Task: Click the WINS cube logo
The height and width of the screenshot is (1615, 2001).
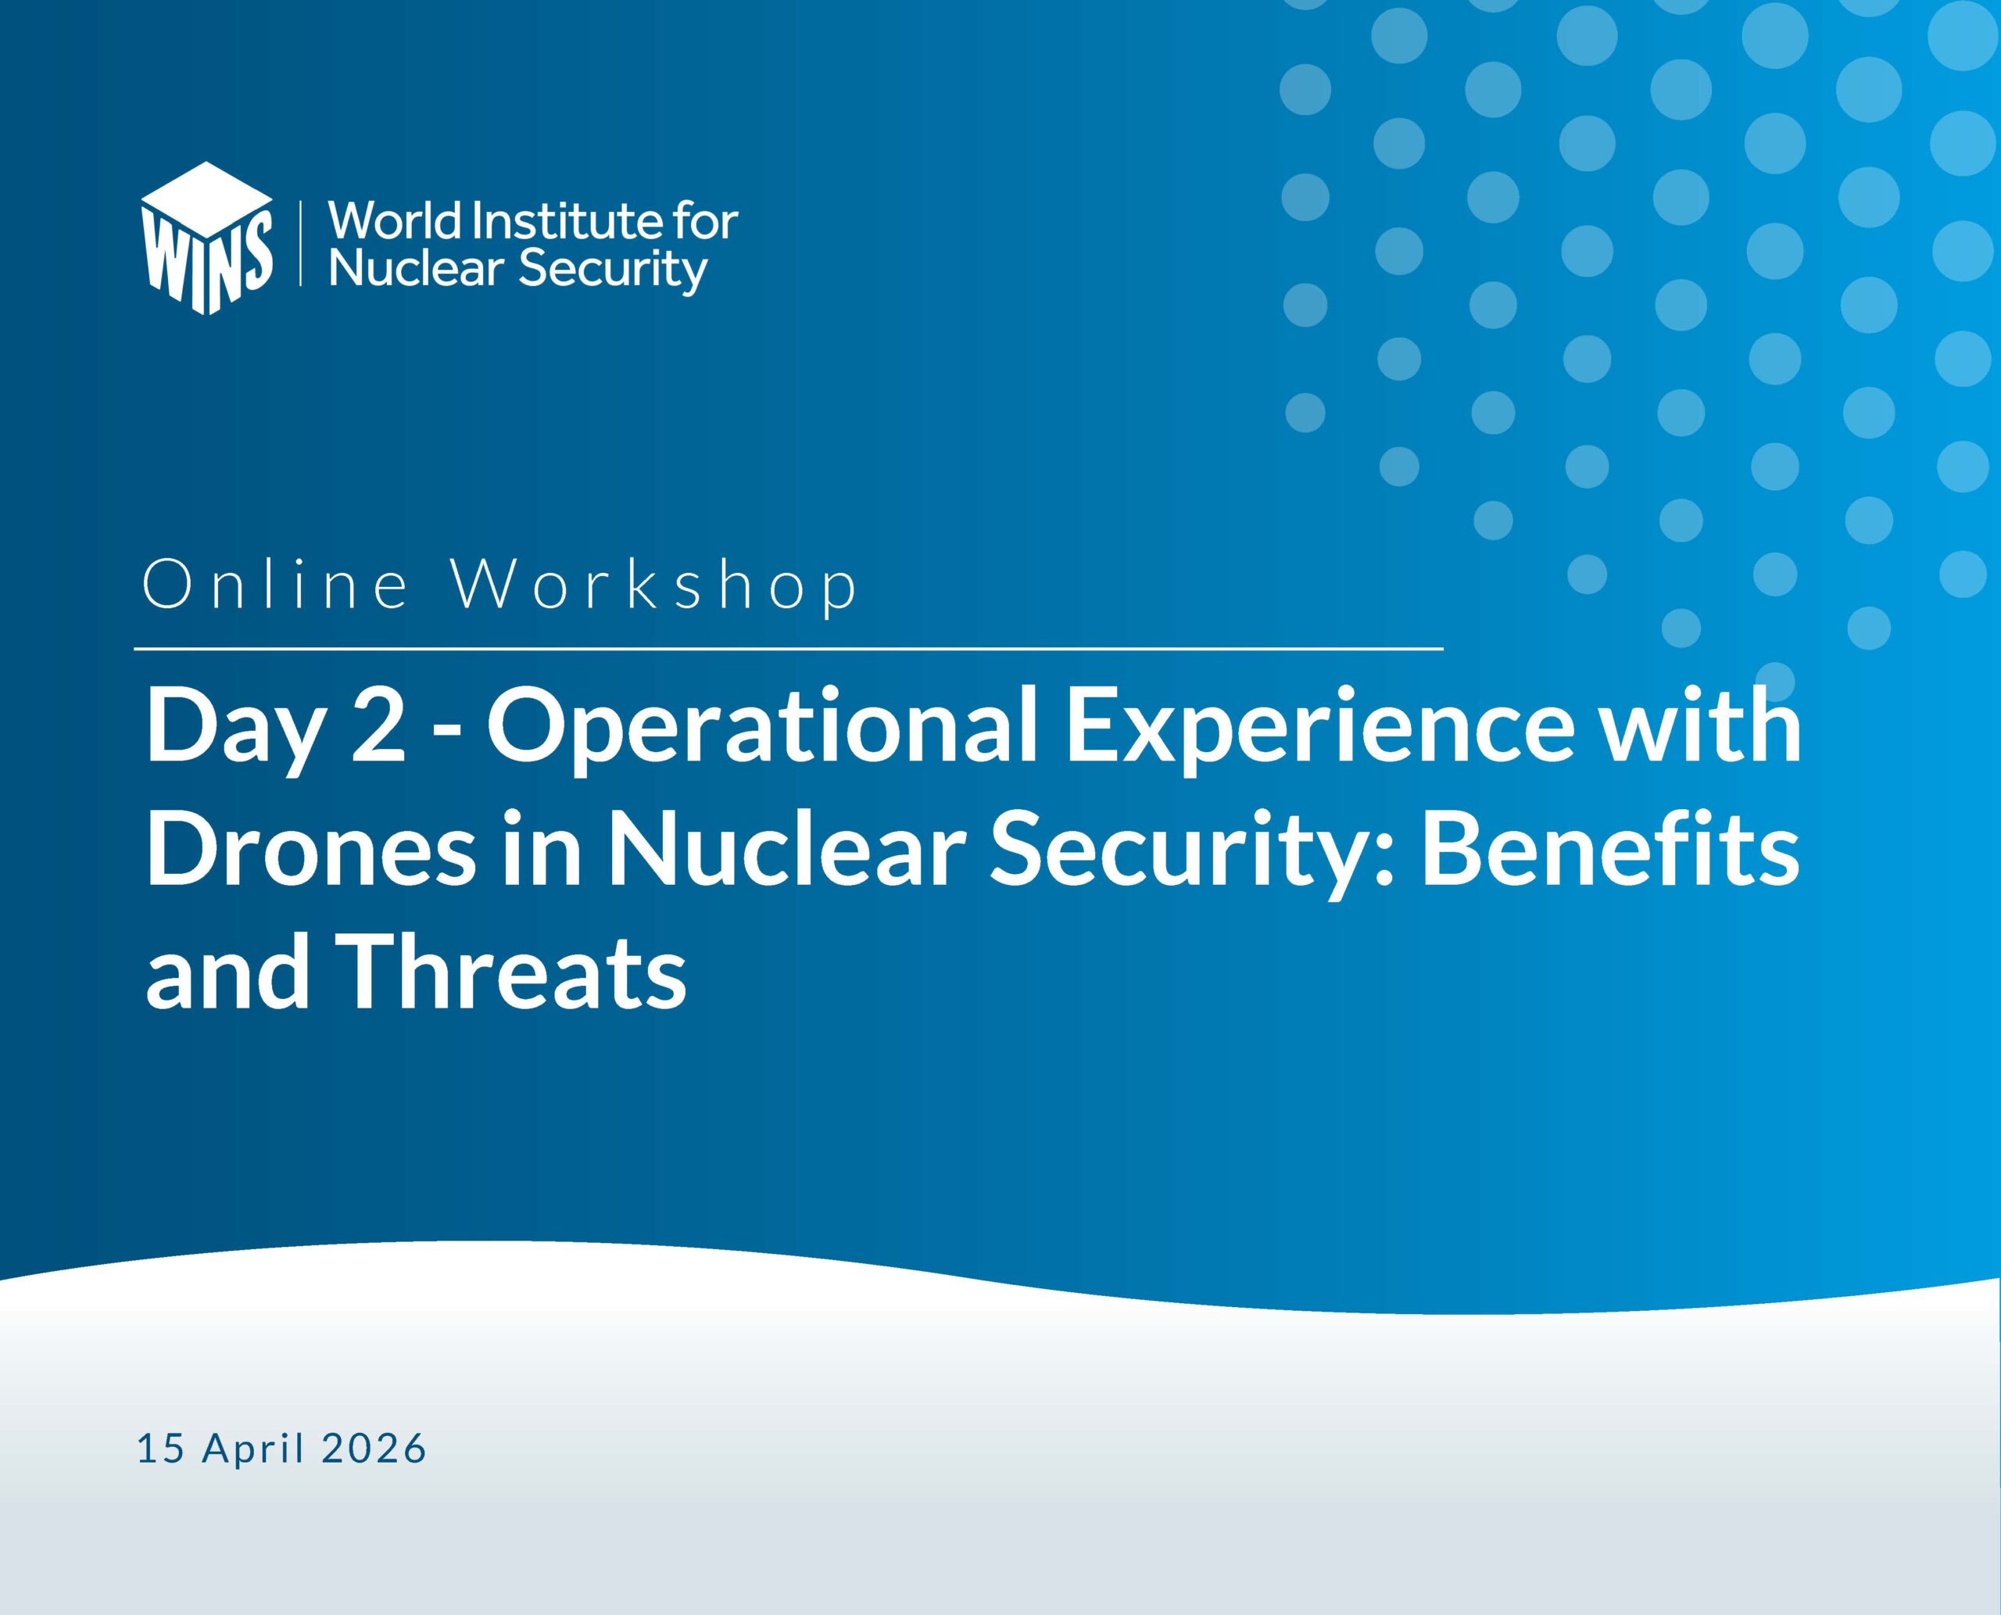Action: pos(206,238)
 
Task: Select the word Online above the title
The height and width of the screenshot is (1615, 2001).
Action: pos(275,585)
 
